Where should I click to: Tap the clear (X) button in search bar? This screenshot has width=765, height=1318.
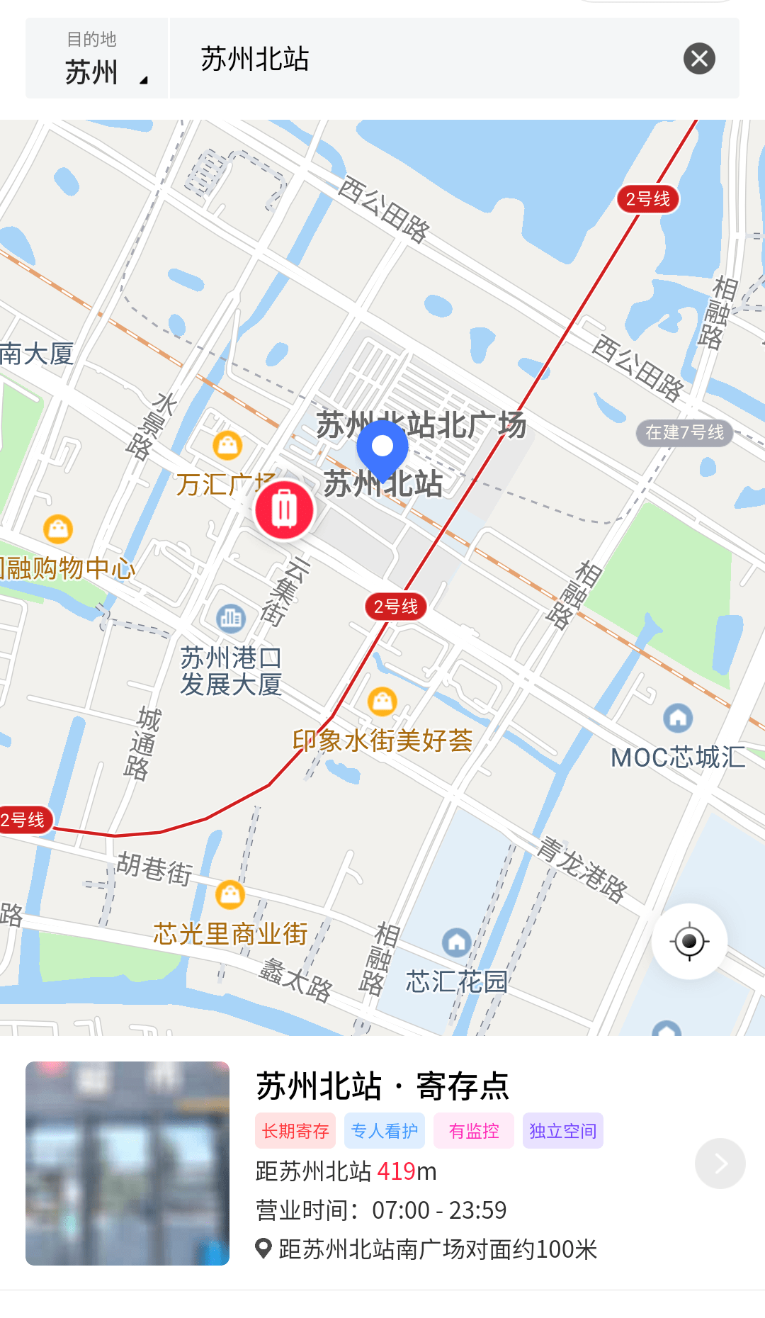pos(699,59)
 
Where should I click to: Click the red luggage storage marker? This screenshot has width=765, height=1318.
pos(284,509)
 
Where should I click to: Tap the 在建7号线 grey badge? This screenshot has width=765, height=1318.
pos(684,432)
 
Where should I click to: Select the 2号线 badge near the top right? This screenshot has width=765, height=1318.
pos(647,199)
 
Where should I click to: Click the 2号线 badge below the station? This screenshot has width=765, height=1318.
pos(396,607)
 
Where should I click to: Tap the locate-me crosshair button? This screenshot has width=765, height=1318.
pos(689,942)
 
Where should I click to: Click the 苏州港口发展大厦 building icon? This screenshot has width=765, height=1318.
pos(231,618)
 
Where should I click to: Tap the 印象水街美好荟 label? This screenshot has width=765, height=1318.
pos(382,740)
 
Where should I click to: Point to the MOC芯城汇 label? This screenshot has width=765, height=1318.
pos(678,757)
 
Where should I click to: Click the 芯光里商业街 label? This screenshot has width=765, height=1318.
pos(230,934)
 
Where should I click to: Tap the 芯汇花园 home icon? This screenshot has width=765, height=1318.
pos(457,942)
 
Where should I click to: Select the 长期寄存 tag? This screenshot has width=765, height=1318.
pos(295,1131)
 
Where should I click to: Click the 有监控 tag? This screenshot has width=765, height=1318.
pos(474,1131)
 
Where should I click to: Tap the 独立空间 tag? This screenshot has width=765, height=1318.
pos(563,1131)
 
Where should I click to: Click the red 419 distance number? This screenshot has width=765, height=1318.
pos(396,1171)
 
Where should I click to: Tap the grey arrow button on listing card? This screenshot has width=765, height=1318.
pos(720,1164)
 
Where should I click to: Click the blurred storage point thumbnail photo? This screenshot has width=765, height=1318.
pos(127,1164)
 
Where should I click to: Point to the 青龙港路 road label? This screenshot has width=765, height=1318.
pos(582,869)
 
